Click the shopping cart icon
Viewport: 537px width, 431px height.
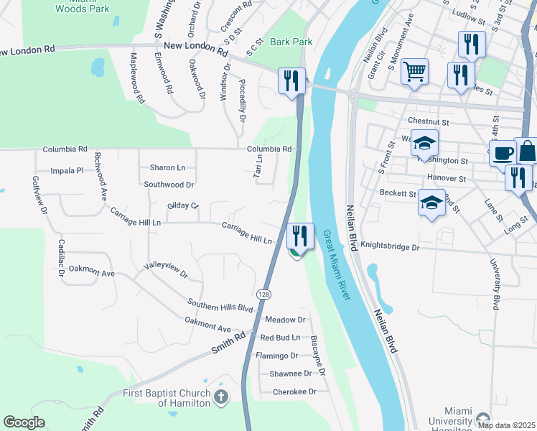(x=414, y=71)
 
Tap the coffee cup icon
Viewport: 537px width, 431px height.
(x=503, y=152)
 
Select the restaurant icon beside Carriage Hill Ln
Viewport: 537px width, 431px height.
(x=299, y=234)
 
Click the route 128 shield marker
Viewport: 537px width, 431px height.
(x=263, y=295)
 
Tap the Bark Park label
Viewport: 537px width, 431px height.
(x=291, y=42)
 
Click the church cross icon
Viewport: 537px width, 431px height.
(x=221, y=397)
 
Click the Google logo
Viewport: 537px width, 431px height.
(x=24, y=422)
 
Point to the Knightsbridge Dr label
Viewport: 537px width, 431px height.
(x=390, y=246)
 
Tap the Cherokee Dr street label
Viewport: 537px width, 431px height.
(x=294, y=391)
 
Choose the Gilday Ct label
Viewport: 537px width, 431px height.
(x=182, y=205)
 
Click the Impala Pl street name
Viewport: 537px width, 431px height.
(x=67, y=171)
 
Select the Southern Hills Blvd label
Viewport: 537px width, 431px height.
(x=220, y=306)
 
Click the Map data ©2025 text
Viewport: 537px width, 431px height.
(x=506, y=425)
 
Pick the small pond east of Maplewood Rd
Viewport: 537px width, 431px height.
(x=97, y=68)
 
